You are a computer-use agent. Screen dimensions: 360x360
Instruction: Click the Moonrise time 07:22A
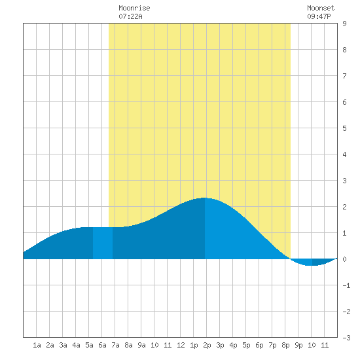[x=130, y=16]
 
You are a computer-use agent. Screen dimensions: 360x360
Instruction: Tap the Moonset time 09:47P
[x=319, y=16]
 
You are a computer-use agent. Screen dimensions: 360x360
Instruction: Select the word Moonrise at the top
[x=134, y=8]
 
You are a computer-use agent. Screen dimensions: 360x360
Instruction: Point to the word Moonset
[x=321, y=8]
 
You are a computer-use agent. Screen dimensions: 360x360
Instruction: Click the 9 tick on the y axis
[x=344, y=24]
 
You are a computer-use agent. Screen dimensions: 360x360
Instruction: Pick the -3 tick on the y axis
[x=346, y=338]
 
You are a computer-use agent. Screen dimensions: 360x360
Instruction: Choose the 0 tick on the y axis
[x=344, y=259]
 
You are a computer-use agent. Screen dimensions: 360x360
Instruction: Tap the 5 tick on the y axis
[x=344, y=128]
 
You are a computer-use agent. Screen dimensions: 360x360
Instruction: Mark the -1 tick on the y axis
[x=346, y=285]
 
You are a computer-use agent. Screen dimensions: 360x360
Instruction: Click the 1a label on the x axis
[x=37, y=345]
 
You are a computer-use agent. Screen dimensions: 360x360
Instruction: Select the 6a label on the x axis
[x=102, y=345]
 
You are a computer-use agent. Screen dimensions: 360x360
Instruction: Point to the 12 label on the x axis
[x=181, y=345]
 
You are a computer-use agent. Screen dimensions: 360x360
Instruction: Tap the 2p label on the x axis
[x=207, y=345]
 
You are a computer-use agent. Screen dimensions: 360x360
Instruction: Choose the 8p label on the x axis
[x=285, y=345]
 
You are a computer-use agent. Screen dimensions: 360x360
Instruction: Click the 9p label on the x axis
[x=298, y=345]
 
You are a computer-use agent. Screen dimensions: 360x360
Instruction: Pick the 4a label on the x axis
[x=76, y=345]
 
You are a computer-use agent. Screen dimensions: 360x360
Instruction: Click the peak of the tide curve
[x=204, y=198]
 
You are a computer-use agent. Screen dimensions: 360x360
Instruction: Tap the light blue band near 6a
[x=103, y=243]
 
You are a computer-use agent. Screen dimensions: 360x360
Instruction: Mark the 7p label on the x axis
[x=272, y=345]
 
